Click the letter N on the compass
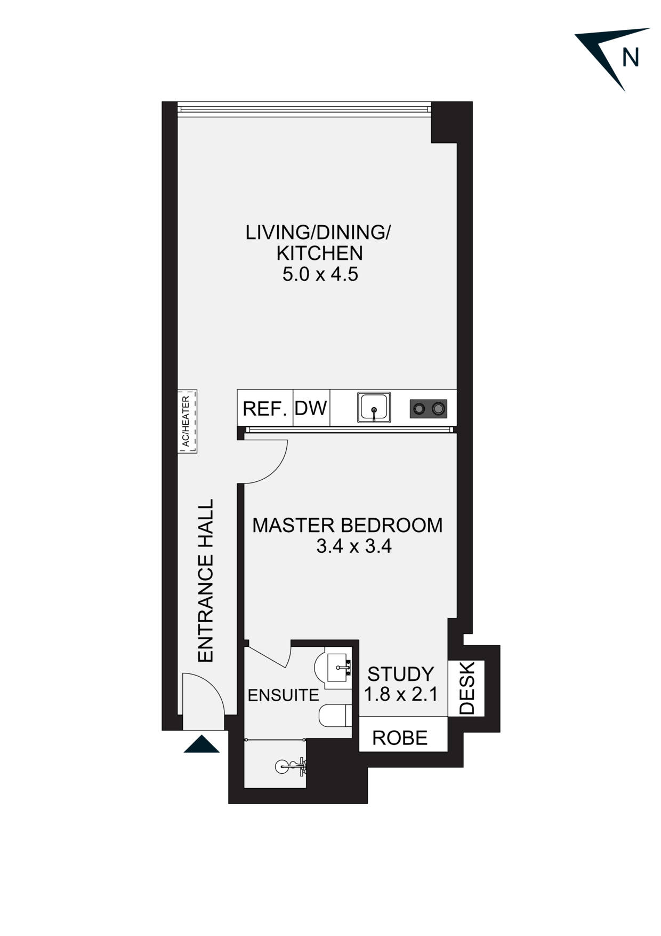tap(631, 57)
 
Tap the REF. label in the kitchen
tap(265, 409)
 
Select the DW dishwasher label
tap(311, 408)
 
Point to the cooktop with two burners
tap(429, 409)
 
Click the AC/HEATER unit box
tap(187, 421)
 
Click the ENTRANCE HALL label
tap(206, 581)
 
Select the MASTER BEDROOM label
tap(348, 525)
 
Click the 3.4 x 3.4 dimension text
tap(354, 547)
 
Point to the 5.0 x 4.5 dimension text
tap(320, 274)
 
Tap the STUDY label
tap(401, 674)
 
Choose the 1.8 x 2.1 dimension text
tap(401, 694)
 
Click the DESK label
tap(467, 688)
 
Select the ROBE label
tap(400, 738)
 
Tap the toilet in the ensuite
tap(335, 716)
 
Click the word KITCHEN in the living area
tap(320, 253)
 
